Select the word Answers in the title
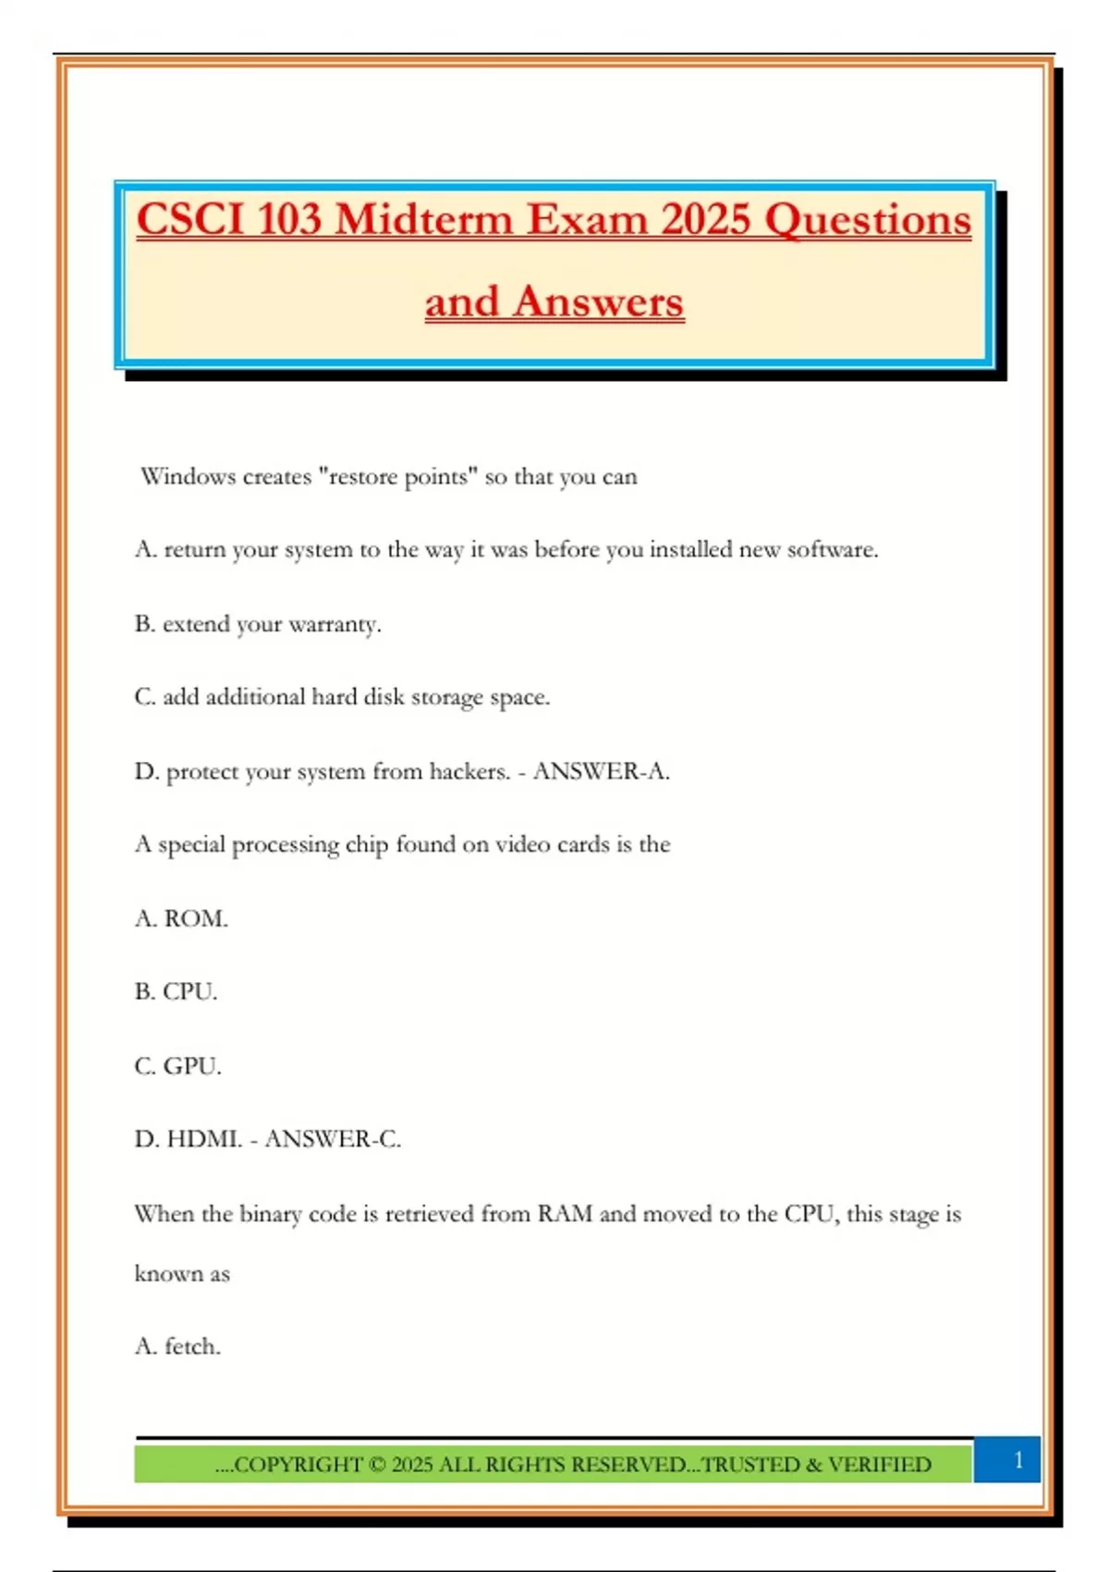click(598, 301)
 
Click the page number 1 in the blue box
click(1018, 1460)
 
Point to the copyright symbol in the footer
click(376, 1465)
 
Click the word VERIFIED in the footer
click(879, 1465)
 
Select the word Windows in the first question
click(188, 477)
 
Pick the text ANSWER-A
click(601, 771)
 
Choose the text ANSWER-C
click(333, 1139)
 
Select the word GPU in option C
click(191, 1066)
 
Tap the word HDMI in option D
click(203, 1139)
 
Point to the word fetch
click(192, 1346)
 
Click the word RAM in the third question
click(565, 1214)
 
